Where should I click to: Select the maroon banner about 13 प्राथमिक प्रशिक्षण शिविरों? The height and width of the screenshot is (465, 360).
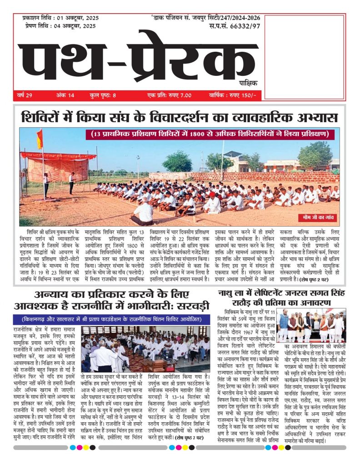(209, 134)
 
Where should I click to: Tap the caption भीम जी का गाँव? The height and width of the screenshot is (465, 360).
(312, 217)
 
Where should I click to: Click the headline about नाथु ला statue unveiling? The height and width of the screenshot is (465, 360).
(282, 297)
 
